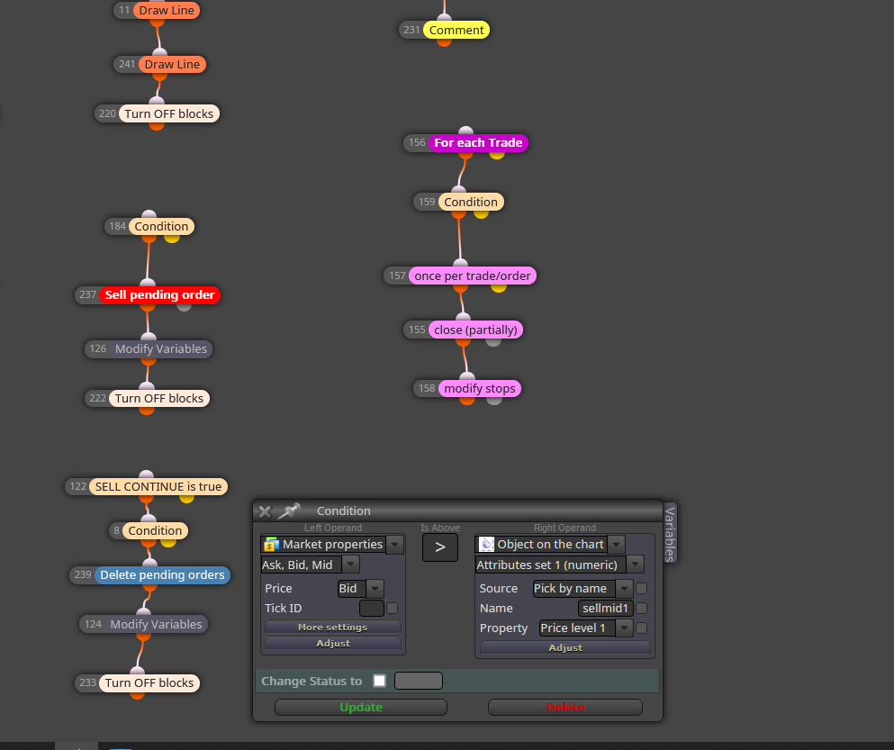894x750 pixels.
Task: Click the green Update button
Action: (x=361, y=707)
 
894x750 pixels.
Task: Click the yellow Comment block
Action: (x=456, y=31)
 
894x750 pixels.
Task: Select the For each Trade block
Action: (x=478, y=142)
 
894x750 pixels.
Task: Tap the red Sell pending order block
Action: (x=159, y=294)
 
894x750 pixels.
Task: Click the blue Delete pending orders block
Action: (x=162, y=575)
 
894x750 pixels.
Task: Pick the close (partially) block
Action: (x=475, y=330)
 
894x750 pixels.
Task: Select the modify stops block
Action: (x=480, y=388)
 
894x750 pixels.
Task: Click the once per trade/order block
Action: (x=472, y=276)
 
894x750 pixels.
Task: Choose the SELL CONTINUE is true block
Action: (x=158, y=486)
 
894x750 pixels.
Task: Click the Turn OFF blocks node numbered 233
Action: (x=149, y=682)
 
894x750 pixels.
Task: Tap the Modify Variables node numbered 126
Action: (x=161, y=349)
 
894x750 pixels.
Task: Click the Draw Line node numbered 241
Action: (x=172, y=65)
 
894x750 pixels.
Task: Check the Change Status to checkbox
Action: (x=379, y=681)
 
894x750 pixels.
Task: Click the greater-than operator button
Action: (x=439, y=547)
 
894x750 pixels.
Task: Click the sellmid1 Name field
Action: (x=606, y=608)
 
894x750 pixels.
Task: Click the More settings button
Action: (x=333, y=627)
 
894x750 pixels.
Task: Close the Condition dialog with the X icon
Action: (x=265, y=511)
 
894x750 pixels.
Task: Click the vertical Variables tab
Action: (x=671, y=533)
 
